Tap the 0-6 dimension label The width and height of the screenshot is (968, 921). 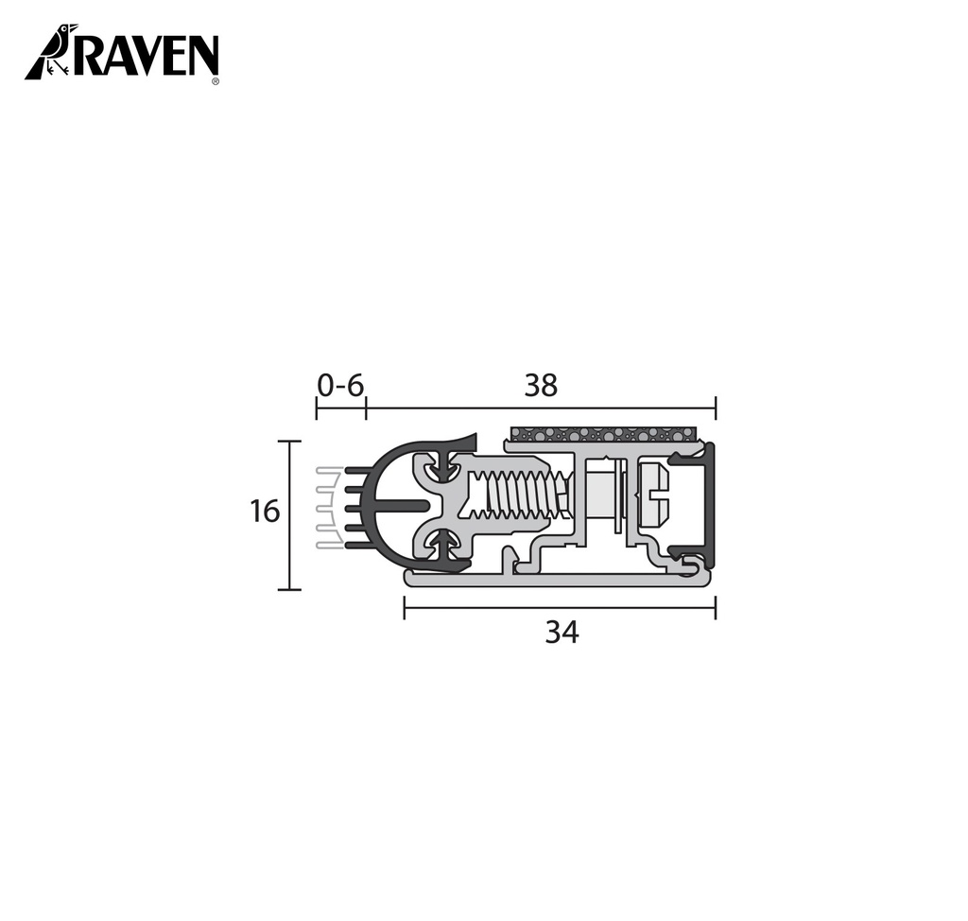coord(340,385)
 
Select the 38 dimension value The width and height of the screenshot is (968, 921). coord(541,385)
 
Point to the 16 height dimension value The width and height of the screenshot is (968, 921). coord(265,512)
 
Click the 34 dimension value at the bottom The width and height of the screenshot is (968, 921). coord(561,633)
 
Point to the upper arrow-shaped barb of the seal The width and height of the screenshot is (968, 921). coord(443,466)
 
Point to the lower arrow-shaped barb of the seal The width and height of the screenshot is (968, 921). coord(443,546)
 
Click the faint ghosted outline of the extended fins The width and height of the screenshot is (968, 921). coord(327,507)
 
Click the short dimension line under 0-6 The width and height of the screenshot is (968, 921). coord(340,408)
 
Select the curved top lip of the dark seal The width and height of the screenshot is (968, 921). coord(425,444)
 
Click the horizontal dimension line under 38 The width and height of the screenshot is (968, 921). coord(541,408)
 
